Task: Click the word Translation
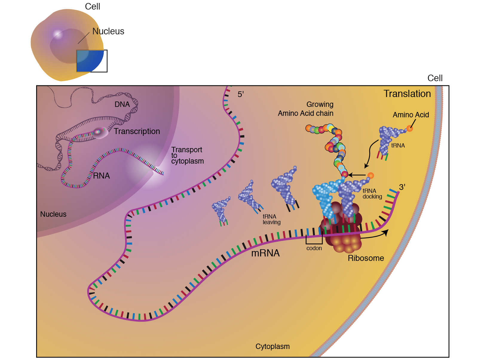point(407,94)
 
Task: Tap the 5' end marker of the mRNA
point(240,94)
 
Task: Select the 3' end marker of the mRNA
point(402,187)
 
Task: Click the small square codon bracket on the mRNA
point(314,239)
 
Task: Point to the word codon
point(314,248)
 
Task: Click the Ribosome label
point(366,258)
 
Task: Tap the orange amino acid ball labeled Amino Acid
point(410,128)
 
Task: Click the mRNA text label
point(265,253)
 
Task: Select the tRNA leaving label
point(271,219)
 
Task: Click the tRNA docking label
point(372,194)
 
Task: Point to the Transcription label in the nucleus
point(137,131)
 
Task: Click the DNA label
point(122,104)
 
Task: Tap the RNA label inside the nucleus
point(101,176)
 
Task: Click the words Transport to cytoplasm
point(187,156)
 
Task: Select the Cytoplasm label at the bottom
point(272,347)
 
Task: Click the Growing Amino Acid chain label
point(306,109)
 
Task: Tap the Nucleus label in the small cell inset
point(108,31)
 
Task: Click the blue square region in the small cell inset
point(90,61)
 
